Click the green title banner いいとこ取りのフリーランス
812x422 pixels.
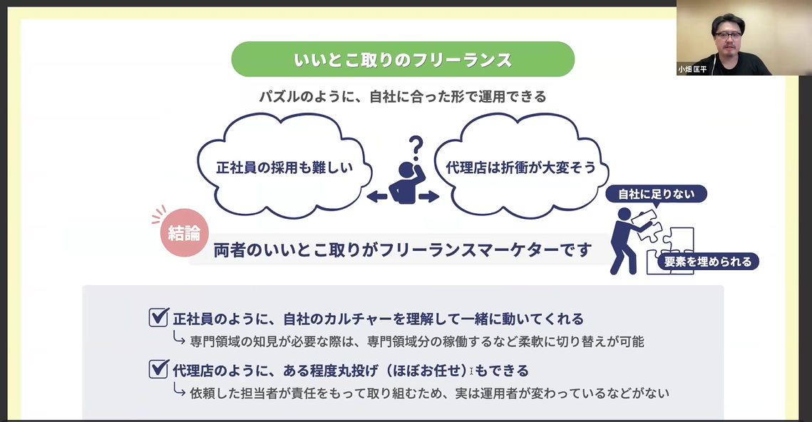coord(403,59)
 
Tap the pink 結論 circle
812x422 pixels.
coord(184,233)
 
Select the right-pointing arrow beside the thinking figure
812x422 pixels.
coord(429,196)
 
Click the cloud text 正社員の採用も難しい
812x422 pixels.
coord(284,168)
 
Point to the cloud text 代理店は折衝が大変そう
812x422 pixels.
coord(521,168)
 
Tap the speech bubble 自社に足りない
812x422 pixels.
coord(656,194)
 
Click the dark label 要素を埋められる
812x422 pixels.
coord(708,262)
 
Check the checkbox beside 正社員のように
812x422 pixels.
coord(158,317)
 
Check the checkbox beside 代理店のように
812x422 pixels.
coord(158,369)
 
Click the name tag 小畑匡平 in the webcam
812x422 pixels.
coord(692,69)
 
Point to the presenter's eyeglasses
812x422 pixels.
coord(728,35)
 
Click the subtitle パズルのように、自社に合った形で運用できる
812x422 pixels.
coord(403,97)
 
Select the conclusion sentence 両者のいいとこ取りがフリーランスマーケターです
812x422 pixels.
coord(403,250)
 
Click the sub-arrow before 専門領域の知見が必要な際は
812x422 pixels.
coord(179,339)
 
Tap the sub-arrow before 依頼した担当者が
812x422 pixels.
coord(179,390)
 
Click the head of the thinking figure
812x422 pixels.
coord(406,170)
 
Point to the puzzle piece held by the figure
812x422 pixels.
coord(645,222)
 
